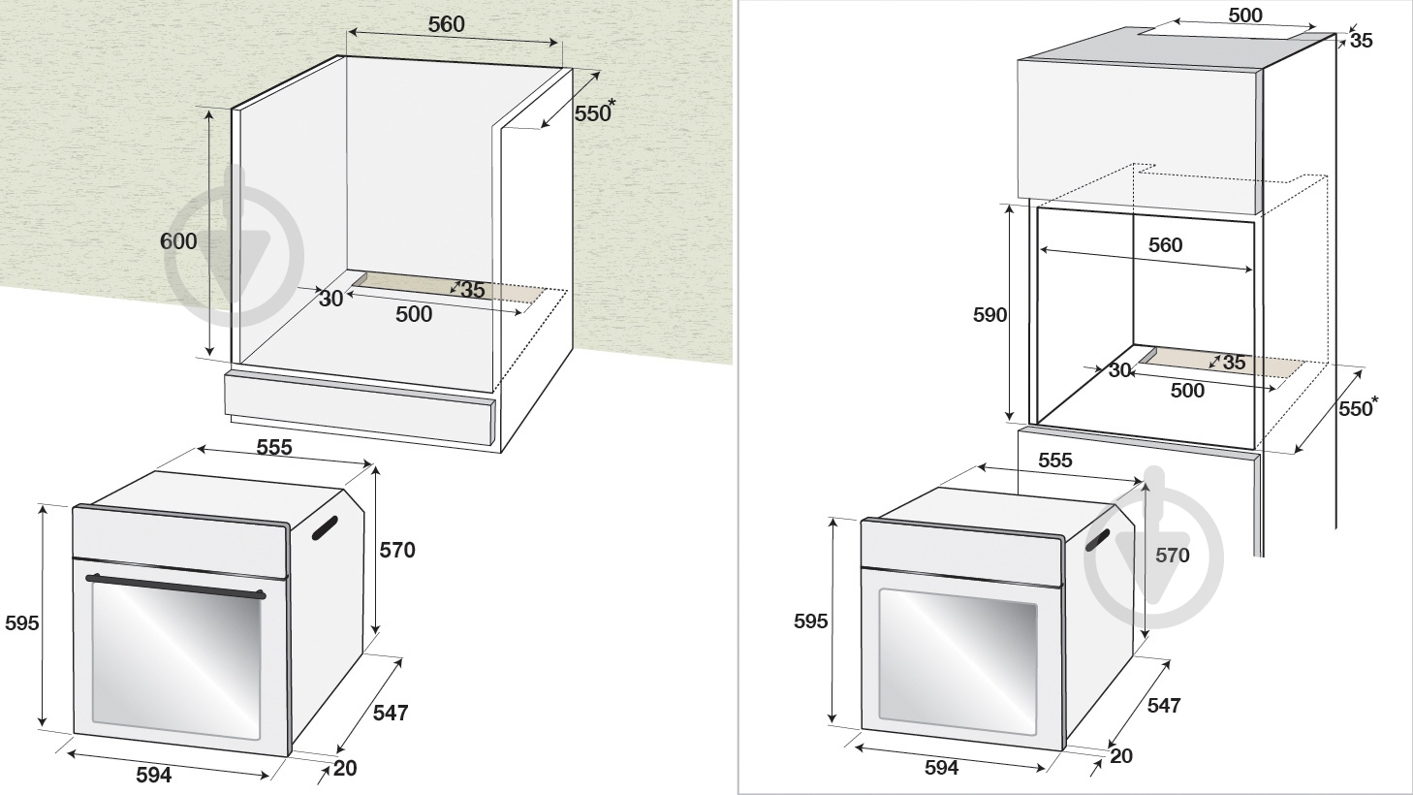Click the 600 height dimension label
coord(178,241)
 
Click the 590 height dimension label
coord(989,315)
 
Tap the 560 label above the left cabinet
coord(446,24)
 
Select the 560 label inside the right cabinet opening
coord(1165,245)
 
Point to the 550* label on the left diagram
coord(593,111)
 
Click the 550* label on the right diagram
coord(1358,407)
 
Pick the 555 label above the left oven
coord(274,447)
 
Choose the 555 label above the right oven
coord(1054,460)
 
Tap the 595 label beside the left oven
coord(22,622)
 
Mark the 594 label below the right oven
coord(942,767)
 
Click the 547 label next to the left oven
coord(391,713)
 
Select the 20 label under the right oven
coord(1121,755)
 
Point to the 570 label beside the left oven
coord(397,550)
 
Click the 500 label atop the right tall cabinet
coord(1245,16)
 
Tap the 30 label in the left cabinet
coord(330,299)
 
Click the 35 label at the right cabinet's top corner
coord(1362,41)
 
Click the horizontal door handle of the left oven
coord(175,587)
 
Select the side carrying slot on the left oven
coord(325,528)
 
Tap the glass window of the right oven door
coord(958,662)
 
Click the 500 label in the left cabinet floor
coord(414,314)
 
